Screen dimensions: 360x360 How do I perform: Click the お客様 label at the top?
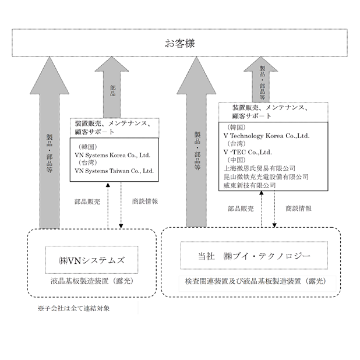coord(180,43)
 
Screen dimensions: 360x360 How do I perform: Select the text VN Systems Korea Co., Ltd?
coord(112,155)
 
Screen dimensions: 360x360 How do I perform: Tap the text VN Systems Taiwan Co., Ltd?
coord(114,171)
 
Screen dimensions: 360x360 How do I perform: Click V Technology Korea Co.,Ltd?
coord(266,136)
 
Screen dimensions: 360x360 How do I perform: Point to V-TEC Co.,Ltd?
coord(248,152)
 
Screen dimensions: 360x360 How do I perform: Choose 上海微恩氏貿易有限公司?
coord(259,168)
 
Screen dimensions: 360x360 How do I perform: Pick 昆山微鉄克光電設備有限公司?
coord(266,177)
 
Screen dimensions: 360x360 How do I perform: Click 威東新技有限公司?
coord(249,185)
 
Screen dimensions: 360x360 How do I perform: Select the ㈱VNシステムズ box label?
coord(92,260)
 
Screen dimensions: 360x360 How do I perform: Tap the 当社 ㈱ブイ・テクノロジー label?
coord(254,256)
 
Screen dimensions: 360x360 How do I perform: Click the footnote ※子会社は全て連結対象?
coord(74,308)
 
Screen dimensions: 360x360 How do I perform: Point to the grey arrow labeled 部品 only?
coord(112,87)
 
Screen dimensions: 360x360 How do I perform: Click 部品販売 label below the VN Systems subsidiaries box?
coord(87,202)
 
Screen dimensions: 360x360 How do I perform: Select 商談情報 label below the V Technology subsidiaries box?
coord(298,209)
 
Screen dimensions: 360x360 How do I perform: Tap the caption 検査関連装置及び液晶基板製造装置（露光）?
coord(256,281)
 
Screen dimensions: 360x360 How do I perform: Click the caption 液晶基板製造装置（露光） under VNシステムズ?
coord(92,281)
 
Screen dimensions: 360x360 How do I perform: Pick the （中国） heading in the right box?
coord(237,160)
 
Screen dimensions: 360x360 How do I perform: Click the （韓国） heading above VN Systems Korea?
coord(88,147)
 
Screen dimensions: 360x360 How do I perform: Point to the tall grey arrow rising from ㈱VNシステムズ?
coord(50,143)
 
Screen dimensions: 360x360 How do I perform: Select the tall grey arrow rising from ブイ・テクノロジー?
coord(196,142)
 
